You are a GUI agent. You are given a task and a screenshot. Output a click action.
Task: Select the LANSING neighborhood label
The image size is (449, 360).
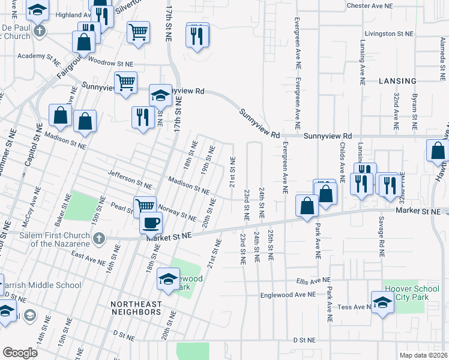pyautogui.click(x=397, y=81)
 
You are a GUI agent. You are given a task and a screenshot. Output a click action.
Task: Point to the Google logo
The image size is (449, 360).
pyautogui.click(x=20, y=352)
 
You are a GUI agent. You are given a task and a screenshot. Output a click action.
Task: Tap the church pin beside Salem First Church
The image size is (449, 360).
pyautogui.click(x=99, y=239)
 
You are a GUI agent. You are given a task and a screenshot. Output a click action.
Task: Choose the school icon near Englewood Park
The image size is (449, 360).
pyautogui.click(x=168, y=278)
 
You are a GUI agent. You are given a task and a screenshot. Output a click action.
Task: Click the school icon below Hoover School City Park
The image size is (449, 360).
pyautogui.click(x=382, y=304)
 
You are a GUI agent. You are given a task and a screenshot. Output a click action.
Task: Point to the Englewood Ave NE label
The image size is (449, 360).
pyautogui.click(x=288, y=295)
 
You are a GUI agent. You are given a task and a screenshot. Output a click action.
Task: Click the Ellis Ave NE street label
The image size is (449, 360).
pyautogui.click(x=313, y=280)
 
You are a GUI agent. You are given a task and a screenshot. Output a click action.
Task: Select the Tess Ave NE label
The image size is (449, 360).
pyautogui.click(x=353, y=307)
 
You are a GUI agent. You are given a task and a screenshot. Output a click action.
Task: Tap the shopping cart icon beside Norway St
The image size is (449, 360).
pyautogui.click(x=144, y=206)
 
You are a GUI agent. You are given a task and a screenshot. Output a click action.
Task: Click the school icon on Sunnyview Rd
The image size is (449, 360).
pyautogui.click(x=160, y=95)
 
